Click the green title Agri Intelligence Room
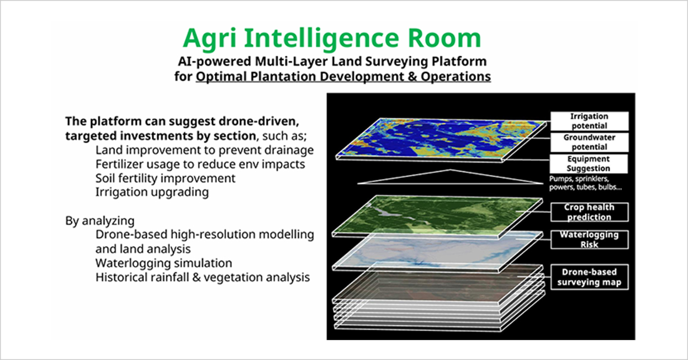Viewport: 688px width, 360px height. pos(332,39)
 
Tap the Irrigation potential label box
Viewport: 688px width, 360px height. pos(589,121)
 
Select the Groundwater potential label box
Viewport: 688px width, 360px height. pos(589,142)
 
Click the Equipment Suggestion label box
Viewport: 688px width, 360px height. pos(589,163)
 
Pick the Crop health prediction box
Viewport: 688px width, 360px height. pos(589,212)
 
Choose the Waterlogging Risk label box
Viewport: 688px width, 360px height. pos(589,240)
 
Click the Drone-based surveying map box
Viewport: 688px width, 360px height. pos(589,277)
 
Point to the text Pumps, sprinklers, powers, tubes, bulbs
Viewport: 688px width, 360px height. pos(585,183)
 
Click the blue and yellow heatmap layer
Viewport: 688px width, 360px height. pos(441,140)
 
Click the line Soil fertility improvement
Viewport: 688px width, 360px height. pos(165,178)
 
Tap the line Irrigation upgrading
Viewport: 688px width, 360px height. pos(152,192)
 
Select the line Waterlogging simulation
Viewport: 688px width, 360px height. pos(163,263)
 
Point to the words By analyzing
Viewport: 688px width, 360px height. pos(100,221)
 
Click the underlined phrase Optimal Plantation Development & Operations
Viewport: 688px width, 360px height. pos(343,77)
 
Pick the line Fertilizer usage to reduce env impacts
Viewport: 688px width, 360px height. pos(200,165)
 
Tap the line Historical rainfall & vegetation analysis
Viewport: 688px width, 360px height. pos(203,277)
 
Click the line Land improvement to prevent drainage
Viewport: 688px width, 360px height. pos(204,150)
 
